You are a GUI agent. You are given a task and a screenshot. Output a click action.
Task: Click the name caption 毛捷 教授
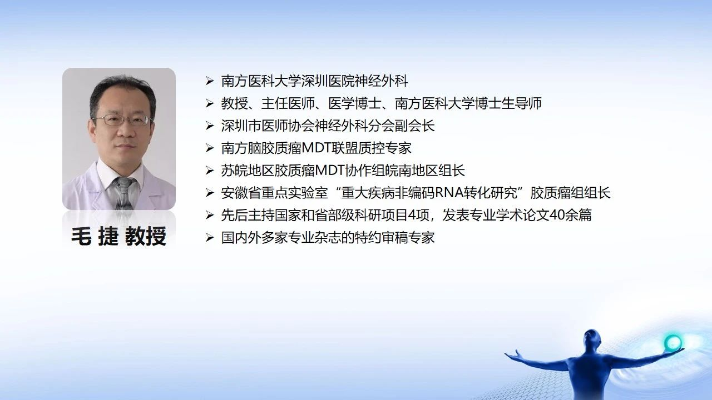click(118, 236)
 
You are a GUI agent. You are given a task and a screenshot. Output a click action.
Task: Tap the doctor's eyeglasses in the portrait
click(122, 120)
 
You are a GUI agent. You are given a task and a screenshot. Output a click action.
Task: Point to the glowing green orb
click(673, 343)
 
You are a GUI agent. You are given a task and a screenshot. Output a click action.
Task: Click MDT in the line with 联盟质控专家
click(317, 148)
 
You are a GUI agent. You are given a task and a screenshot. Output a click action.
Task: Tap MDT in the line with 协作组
click(330, 171)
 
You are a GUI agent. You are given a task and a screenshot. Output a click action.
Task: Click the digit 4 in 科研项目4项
click(412, 215)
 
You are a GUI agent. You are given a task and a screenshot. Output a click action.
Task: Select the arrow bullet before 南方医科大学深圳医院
click(210, 81)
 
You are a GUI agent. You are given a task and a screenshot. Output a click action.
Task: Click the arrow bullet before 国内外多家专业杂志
click(210, 237)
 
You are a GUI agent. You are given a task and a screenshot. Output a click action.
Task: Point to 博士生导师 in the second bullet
click(508, 103)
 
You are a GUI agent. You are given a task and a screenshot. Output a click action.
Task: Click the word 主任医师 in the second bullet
click(288, 103)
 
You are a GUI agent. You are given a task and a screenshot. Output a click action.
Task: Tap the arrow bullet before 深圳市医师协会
click(210, 126)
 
